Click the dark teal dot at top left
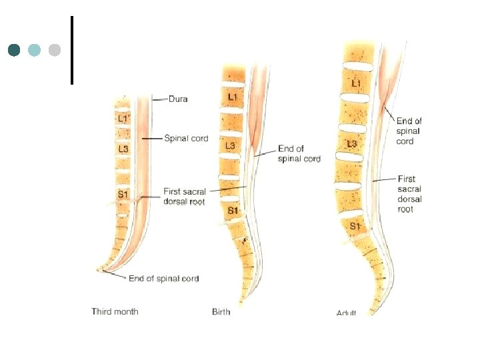point(14,50)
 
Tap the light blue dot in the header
point(35,50)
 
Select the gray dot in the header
point(55,50)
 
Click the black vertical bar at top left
point(71,50)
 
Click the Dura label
point(178,99)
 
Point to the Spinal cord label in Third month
point(186,139)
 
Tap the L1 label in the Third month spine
point(123,119)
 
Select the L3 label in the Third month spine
point(123,149)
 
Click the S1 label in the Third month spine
point(123,195)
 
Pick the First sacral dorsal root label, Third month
point(184,197)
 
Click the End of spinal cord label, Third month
point(163,279)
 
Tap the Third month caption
point(115,311)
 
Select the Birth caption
point(221,311)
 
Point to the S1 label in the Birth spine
point(233,211)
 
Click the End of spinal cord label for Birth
point(299,154)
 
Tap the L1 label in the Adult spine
point(355,82)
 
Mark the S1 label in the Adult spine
point(355,227)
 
